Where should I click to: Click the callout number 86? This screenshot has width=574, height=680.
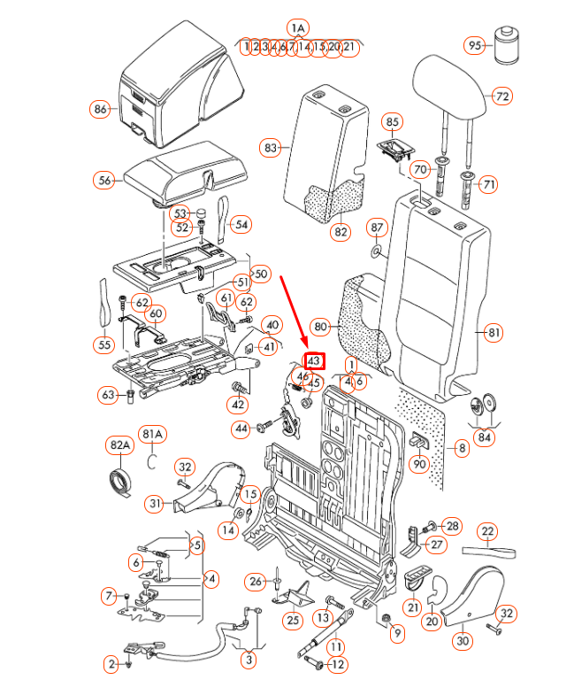pyautogui.click(x=100, y=110)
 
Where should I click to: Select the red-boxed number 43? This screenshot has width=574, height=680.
pyautogui.click(x=314, y=361)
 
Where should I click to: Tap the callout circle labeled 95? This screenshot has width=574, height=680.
pyautogui.click(x=475, y=45)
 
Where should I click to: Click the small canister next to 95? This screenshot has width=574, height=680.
pyautogui.click(x=507, y=45)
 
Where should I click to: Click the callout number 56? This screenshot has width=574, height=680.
pyautogui.click(x=105, y=181)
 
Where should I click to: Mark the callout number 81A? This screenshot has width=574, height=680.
pyautogui.click(x=153, y=435)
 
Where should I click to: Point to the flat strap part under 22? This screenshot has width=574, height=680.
pyautogui.click(x=492, y=552)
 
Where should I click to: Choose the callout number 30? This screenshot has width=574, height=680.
pyautogui.click(x=463, y=640)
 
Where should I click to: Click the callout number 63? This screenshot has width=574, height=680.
pyautogui.click(x=109, y=394)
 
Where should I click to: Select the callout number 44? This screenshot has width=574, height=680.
pyautogui.click(x=241, y=429)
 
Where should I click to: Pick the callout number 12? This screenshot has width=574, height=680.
pyautogui.click(x=338, y=664)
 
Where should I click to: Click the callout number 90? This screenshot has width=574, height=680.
pyautogui.click(x=420, y=463)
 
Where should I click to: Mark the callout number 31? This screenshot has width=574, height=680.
pyautogui.click(x=157, y=504)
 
